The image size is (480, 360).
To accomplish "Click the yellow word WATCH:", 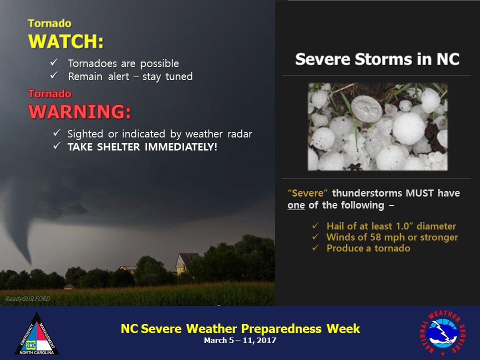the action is pos(66,41).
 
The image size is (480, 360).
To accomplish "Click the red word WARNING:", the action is pos(79,111).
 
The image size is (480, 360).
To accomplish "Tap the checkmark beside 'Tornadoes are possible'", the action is pos(54,62).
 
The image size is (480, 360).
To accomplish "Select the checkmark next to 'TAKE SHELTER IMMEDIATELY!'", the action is pos(57,145).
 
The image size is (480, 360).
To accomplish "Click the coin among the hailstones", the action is pos(366,109).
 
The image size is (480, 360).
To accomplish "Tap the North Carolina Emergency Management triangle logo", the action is pos(36,334).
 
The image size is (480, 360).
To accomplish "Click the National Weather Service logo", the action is pos(442,332).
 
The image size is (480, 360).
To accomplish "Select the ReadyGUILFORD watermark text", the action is pos(27,299).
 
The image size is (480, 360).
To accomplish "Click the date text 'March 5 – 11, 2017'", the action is pos(240,340).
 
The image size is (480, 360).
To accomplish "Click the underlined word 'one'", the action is pos(296,205).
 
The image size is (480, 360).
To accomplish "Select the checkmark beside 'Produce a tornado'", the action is pos(315,247).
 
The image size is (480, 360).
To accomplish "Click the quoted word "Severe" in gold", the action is pos(307,193).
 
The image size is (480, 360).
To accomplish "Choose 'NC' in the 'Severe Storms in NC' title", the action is pos(448,59).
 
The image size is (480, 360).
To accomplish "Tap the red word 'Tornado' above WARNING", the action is pos(49,93).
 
